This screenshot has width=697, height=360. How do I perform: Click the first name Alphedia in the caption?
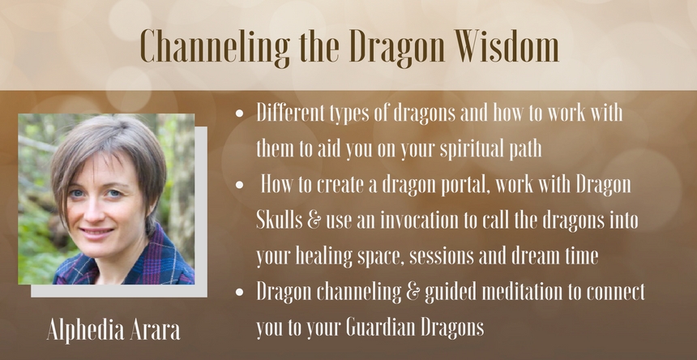85,331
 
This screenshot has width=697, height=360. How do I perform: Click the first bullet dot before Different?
240,114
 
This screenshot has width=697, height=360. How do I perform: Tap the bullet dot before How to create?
240,185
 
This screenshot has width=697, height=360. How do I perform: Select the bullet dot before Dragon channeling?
240,292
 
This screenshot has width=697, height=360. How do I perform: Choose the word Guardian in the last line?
379,328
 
